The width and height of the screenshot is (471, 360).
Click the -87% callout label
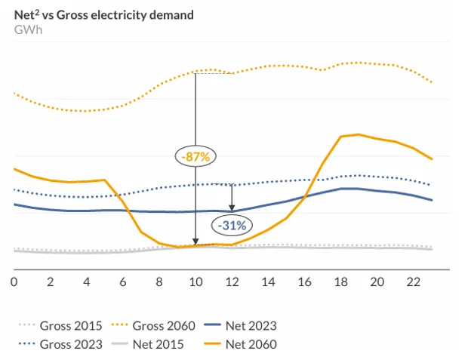pyautogui.click(x=196, y=156)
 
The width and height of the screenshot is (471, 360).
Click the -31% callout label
pyautogui.click(x=232, y=225)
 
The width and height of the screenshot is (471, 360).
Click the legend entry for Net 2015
pyautogui.click(x=142, y=344)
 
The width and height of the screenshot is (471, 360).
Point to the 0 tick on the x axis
pyautogui.click(x=14, y=282)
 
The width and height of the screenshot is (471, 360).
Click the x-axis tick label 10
pyautogui.click(x=195, y=282)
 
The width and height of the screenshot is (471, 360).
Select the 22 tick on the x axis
pyautogui.click(x=414, y=282)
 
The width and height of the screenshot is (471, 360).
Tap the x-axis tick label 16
pyautogui.click(x=305, y=282)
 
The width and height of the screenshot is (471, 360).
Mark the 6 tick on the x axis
pyautogui.click(x=123, y=282)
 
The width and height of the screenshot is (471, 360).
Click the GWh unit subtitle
pyautogui.click(x=26, y=29)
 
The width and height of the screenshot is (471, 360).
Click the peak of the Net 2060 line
pyautogui.click(x=358, y=134)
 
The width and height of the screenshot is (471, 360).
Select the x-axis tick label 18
pyautogui.click(x=341, y=282)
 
